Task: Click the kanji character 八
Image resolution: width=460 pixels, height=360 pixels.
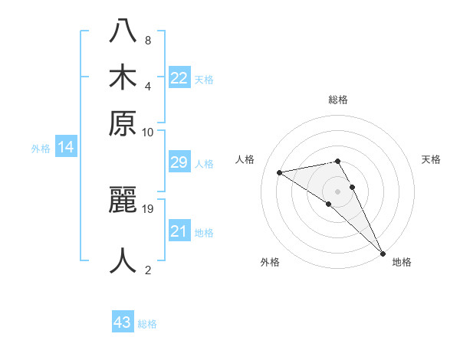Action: point(123,30)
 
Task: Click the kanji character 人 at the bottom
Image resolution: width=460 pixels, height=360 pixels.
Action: point(123,260)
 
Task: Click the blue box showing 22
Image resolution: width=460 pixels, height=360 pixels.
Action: point(179,78)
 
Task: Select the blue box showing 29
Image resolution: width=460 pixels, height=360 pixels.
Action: point(179,162)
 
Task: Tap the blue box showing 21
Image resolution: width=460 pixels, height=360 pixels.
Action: point(179,231)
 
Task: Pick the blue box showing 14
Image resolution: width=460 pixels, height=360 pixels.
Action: point(66,148)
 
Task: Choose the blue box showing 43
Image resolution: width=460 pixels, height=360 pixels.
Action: point(123,322)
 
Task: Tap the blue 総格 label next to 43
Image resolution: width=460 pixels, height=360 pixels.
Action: point(147,324)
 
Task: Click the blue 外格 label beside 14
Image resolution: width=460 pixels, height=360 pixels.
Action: point(41,149)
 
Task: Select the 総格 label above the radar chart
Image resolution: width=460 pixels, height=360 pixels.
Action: point(338,100)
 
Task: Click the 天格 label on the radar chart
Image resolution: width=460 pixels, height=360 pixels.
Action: point(432,159)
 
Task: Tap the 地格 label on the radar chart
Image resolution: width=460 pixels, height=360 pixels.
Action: point(402,262)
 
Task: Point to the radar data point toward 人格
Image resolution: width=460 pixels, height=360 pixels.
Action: point(280,172)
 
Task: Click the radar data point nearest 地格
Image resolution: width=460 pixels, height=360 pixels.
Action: point(383,253)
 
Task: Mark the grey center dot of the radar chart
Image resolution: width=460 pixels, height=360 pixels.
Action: point(338,191)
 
